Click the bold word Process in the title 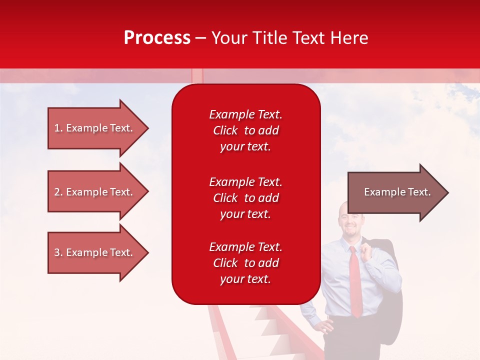(157, 38)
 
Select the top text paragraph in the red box (245, 130)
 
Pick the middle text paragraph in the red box (245, 198)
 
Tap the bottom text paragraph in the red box (245, 263)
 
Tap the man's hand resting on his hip (325, 327)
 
